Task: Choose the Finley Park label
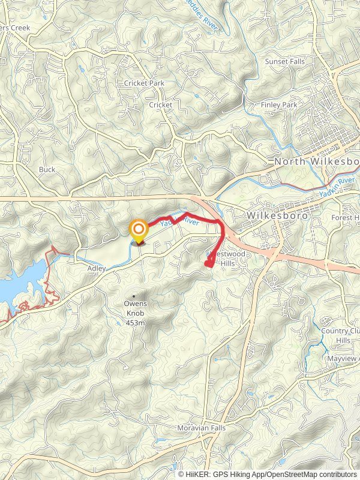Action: pyautogui.click(x=279, y=105)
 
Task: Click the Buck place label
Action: pyautogui.click(x=47, y=169)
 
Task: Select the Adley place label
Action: pyautogui.click(x=97, y=268)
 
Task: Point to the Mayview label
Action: pyautogui.click(x=343, y=358)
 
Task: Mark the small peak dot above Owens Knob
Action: pyautogui.click(x=133, y=295)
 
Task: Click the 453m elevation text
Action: pyautogui.click(x=136, y=323)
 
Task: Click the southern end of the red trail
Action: pyautogui.click(x=208, y=263)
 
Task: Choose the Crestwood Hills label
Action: pyautogui.click(x=222, y=259)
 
